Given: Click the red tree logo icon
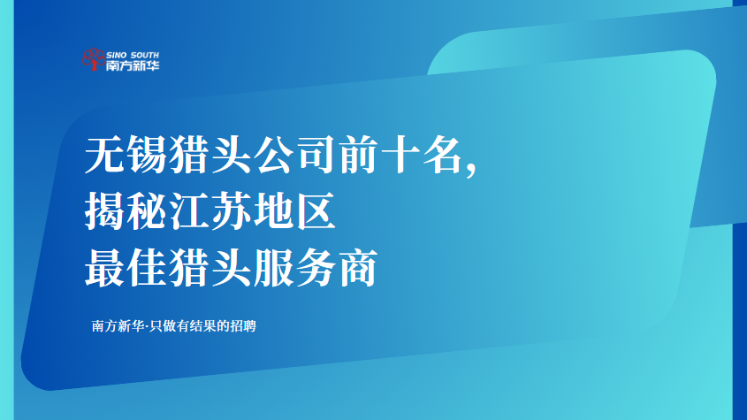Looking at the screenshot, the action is click(x=94, y=59).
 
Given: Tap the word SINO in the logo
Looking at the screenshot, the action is click(x=117, y=56).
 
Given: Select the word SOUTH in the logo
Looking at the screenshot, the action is click(x=144, y=56).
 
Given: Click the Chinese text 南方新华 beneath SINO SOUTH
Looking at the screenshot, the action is click(x=133, y=65).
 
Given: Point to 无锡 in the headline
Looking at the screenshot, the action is click(x=126, y=155).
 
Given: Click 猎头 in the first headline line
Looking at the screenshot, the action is click(x=210, y=155).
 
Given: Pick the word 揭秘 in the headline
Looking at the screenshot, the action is click(x=126, y=210).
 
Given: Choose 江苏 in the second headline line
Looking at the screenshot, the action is click(x=210, y=210).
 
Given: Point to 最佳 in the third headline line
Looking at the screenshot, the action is click(x=126, y=267).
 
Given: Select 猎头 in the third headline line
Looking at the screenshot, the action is click(x=210, y=267).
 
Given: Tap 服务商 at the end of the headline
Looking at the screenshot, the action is click(x=316, y=267).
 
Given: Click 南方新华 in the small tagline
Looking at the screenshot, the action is click(x=118, y=326).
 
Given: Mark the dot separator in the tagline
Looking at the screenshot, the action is click(x=147, y=326).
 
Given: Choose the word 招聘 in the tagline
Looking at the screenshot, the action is click(x=243, y=326).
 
